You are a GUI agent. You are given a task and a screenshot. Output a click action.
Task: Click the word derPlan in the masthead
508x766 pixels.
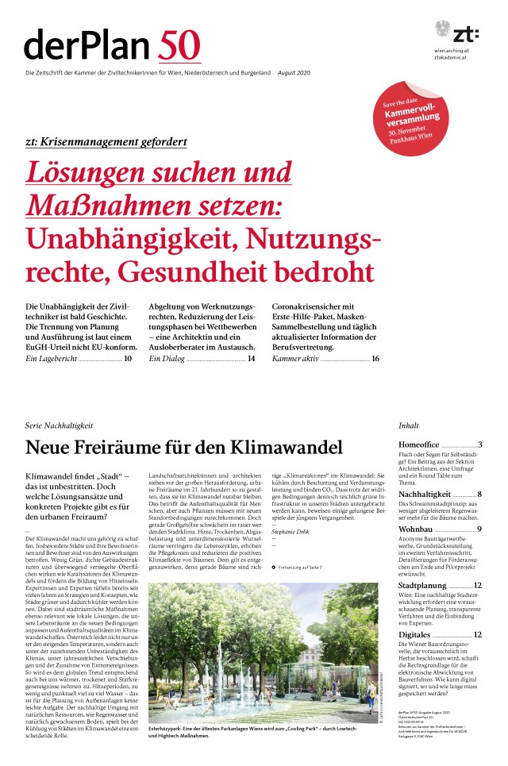(88, 45)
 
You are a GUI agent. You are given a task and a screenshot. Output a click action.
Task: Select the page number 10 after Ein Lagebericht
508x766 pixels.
(128, 337)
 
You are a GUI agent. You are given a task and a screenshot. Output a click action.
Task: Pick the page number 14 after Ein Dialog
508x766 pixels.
(251, 337)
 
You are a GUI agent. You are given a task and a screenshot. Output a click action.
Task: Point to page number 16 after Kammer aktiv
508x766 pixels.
(375, 337)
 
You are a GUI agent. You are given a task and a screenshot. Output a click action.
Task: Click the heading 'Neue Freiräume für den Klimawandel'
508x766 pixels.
(184, 447)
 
